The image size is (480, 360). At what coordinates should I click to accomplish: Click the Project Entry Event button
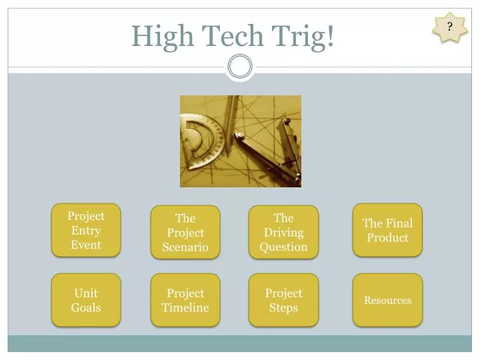86,230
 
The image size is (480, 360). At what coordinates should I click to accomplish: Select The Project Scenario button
185,232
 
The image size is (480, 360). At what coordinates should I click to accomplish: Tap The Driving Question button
283,232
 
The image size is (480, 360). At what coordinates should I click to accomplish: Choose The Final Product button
387,230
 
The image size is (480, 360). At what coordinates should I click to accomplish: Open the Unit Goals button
86,300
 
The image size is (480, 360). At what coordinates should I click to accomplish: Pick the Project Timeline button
185,300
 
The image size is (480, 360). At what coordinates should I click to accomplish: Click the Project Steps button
283,300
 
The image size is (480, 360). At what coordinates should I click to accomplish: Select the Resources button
387,300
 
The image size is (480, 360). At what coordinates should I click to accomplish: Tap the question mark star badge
450,27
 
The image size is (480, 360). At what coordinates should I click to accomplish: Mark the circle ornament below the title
240,66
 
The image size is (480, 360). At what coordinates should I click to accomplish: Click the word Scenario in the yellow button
185,247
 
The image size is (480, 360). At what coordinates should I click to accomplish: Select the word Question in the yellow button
283,247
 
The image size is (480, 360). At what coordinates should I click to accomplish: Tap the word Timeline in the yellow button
185,307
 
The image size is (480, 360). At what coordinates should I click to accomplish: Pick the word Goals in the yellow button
86,307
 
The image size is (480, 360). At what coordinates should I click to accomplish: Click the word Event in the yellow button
86,245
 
